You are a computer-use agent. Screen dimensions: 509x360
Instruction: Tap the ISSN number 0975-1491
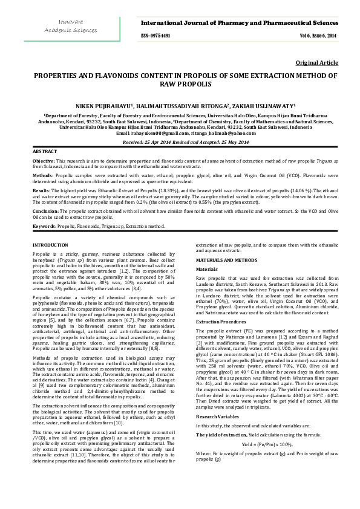159,36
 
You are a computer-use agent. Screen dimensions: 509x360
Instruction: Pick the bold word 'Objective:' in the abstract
44,161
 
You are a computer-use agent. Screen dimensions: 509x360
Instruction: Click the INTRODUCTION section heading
50,243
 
